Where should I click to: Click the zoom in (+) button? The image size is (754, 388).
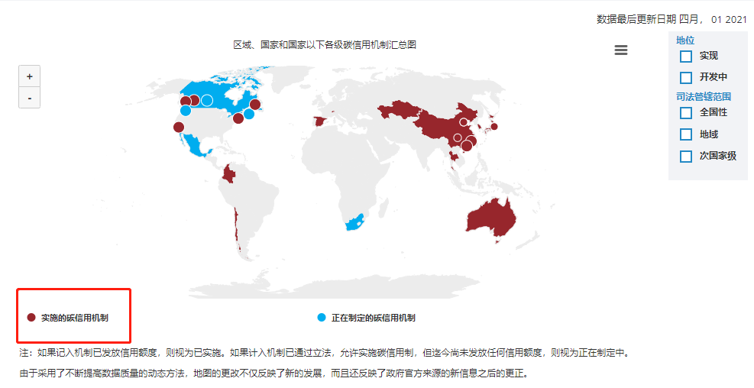click(x=29, y=76)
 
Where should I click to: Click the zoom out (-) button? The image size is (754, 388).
click(x=29, y=98)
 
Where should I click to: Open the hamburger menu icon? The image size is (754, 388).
click(x=621, y=50)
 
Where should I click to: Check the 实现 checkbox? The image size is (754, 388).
click(x=685, y=57)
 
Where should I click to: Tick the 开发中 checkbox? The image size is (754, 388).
click(x=685, y=77)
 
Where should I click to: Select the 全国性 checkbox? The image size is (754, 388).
click(x=685, y=113)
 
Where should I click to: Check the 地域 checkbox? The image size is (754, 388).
click(x=685, y=134)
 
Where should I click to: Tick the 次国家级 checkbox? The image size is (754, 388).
click(x=685, y=157)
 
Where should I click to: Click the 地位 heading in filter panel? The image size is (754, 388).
click(x=685, y=40)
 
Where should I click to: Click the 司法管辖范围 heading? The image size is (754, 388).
click(x=704, y=96)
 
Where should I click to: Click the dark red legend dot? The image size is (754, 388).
click(x=31, y=317)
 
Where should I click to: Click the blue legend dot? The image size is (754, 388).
click(x=322, y=317)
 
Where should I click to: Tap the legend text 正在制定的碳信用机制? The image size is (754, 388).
click(x=373, y=318)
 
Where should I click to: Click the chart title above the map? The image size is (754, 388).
click(x=325, y=45)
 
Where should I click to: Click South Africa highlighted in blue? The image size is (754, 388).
click(x=354, y=222)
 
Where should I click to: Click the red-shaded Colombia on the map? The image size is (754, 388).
click(x=228, y=176)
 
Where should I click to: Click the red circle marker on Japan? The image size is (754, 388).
click(x=493, y=126)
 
